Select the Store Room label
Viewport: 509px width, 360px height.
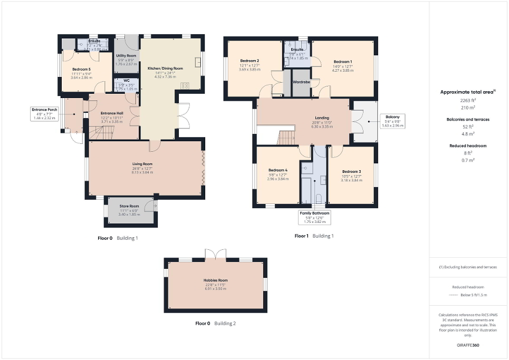(129, 206)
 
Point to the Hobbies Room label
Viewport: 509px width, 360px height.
(216, 280)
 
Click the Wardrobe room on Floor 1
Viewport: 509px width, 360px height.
(301, 83)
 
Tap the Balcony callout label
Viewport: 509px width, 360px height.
(392, 116)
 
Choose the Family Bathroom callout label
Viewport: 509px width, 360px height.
(315, 213)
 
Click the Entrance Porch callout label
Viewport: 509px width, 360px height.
(44, 110)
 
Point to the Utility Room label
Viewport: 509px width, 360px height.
(126, 56)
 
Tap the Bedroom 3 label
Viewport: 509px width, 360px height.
(351, 172)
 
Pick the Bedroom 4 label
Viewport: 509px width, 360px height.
(277, 170)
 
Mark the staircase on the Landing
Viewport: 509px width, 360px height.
(287, 138)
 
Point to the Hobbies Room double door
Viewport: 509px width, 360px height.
(215, 254)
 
